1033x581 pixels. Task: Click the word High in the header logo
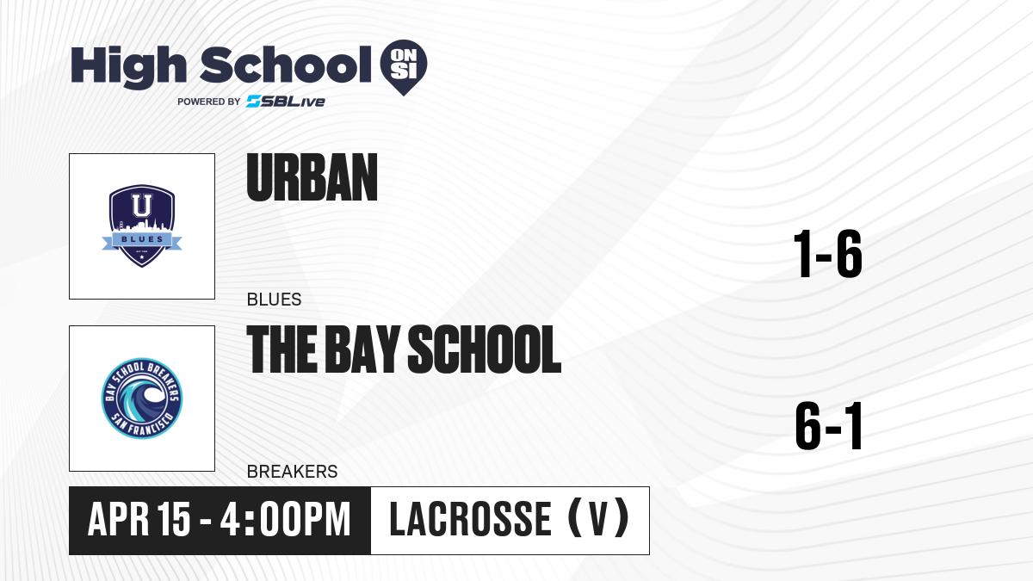[x=129, y=67]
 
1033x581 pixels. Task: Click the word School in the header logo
[x=286, y=65]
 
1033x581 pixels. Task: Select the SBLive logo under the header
[x=286, y=101]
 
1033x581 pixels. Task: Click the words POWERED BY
[x=209, y=102]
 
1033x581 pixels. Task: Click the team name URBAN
[x=312, y=177]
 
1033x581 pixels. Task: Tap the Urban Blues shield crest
[x=142, y=226]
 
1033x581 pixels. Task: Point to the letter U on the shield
[x=142, y=206]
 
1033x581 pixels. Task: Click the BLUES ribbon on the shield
[x=142, y=240]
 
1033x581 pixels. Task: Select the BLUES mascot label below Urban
[x=274, y=300]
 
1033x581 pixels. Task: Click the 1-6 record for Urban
[x=828, y=254]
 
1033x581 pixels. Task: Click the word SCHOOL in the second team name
[x=485, y=349]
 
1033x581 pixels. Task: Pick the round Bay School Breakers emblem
[x=142, y=399]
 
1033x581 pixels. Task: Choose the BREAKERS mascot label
[x=293, y=472]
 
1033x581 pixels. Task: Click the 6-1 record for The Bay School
[x=829, y=425]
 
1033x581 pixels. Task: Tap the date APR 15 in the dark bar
[x=139, y=520]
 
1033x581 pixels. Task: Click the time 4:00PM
[x=286, y=520]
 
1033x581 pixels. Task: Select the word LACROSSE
[x=470, y=519]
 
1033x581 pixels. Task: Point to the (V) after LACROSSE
[x=598, y=518]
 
